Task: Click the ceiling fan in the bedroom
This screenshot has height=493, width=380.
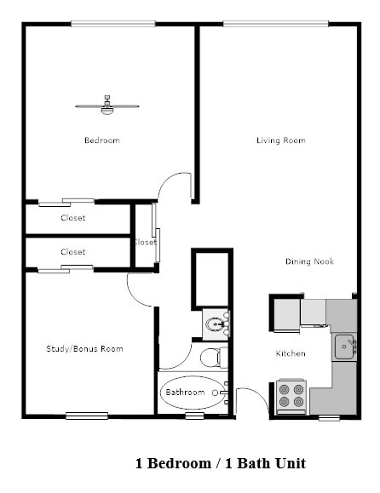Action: [107, 106]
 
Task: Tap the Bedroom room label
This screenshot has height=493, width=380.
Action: [101, 140]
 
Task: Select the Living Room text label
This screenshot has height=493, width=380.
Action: [280, 140]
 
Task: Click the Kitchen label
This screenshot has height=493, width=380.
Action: [290, 353]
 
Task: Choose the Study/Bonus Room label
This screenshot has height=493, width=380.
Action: [84, 348]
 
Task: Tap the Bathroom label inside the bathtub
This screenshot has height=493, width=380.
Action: [185, 393]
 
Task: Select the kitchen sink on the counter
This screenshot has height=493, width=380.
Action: [344, 347]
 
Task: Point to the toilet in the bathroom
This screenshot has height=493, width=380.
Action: [212, 357]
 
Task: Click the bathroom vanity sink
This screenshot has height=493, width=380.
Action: [216, 324]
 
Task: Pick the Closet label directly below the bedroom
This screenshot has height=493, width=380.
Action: [73, 218]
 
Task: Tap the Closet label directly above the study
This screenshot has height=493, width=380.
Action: [73, 252]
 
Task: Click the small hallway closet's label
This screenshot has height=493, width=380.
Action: [145, 242]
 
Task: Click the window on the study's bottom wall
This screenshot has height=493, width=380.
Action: [87, 416]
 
